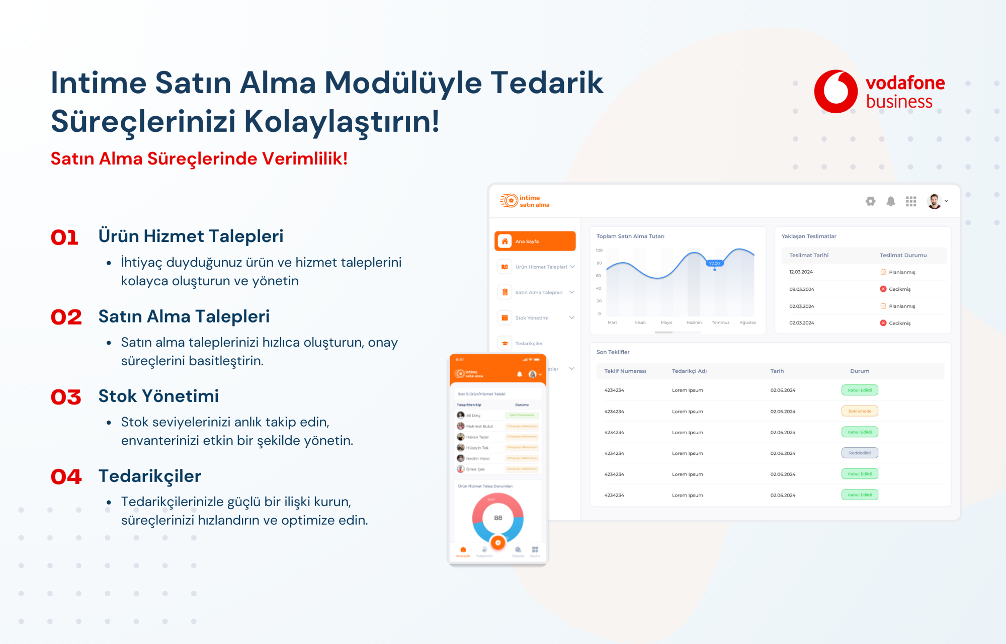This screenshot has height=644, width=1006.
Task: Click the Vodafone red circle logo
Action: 835,92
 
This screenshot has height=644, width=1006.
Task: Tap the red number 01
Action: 65,237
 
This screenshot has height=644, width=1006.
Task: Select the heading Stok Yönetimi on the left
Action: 158,396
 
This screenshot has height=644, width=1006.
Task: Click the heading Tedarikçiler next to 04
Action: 150,476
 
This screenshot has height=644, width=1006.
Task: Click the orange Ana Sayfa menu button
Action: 535,241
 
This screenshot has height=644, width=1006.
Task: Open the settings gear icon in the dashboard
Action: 870,201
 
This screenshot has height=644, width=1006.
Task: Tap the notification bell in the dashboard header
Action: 891,201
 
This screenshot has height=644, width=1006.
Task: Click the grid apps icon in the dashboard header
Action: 911,201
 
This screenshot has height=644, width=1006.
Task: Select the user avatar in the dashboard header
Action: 935,201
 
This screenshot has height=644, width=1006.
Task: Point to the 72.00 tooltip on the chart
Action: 714,263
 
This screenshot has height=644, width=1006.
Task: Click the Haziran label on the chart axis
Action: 694,323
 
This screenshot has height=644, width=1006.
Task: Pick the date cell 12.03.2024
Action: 801,272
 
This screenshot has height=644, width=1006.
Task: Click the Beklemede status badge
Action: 860,411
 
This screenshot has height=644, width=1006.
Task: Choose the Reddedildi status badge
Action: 860,453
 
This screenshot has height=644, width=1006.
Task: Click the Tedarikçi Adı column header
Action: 689,371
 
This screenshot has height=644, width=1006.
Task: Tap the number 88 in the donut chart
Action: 498,518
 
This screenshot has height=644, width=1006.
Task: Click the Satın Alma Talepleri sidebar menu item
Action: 538,292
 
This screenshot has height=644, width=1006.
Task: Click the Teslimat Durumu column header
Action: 903,255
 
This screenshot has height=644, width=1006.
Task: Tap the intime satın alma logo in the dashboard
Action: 525,201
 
